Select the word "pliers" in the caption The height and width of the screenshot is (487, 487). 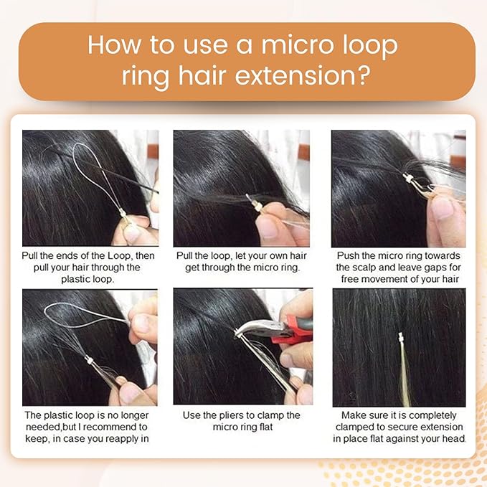pos(232,415)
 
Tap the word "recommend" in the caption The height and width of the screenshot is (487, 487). pos(110,427)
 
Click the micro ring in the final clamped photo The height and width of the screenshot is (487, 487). pos(401,336)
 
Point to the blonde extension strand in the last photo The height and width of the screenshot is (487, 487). pos(405,373)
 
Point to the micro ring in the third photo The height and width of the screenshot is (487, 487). pos(408,179)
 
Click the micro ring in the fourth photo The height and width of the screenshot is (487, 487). pos(89,360)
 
